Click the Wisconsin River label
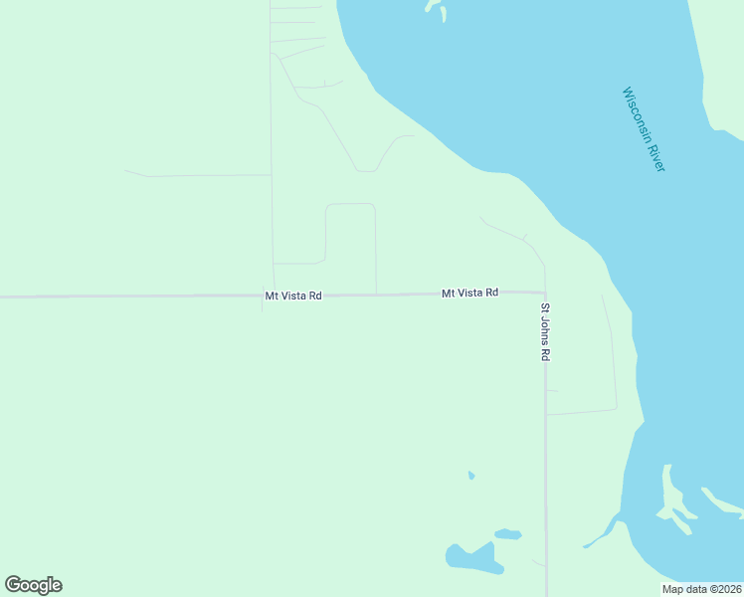pos(644,129)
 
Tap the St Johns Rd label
pos(545,331)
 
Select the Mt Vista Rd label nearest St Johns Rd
pos(469,293)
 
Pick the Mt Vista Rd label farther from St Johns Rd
pos(292,296)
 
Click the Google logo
pos(33,585)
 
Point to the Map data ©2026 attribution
pos(701,589)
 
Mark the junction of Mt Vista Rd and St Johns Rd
pos(545,294)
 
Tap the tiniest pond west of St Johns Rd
pos(471,476)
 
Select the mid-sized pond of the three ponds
pos(507,534)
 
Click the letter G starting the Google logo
pos(14,584)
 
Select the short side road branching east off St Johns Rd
pos(582,411)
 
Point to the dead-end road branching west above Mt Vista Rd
pos(199,176)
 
